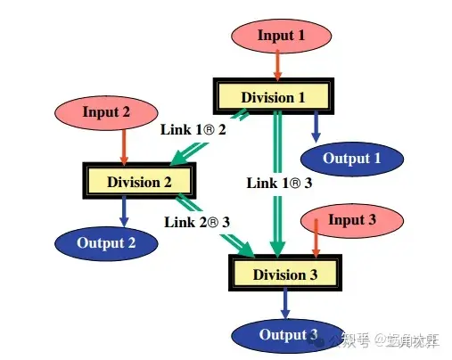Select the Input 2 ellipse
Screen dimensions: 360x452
tap(106, 112)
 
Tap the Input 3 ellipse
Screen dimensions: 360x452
tap(346, 221)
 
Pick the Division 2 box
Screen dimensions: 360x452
tap(138, 182)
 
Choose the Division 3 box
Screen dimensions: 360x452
tap(284, 274)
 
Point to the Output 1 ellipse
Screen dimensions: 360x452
tap(351, 159)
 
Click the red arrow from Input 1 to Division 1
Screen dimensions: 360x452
tap(277, 64)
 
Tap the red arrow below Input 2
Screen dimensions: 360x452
tap(124, 146)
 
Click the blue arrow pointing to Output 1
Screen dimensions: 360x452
tap(314, 127)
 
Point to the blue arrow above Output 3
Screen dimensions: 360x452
tap(285, 303)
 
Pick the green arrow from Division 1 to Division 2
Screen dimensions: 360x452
tap(214, 140)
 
